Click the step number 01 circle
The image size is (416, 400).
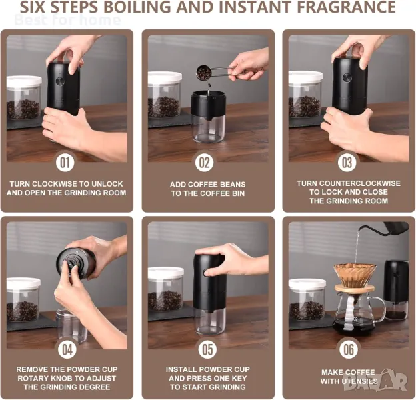(x=65, y=163)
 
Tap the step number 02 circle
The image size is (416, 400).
(x=204, y=163)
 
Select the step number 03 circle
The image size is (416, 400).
(x=347, y=163)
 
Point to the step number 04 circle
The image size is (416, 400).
(x=67, y=349)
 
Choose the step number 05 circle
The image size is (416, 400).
(x=207, y=349)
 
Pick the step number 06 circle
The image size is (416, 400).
(x=349, y=349)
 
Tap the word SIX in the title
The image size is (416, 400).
(x=33, y=7)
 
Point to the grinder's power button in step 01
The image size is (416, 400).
(x=60, y=81)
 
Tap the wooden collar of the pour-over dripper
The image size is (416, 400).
(x=355, y=289)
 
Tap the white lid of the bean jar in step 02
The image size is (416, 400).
(x=165, y=77)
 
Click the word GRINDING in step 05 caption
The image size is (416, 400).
(x=228, y=387)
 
